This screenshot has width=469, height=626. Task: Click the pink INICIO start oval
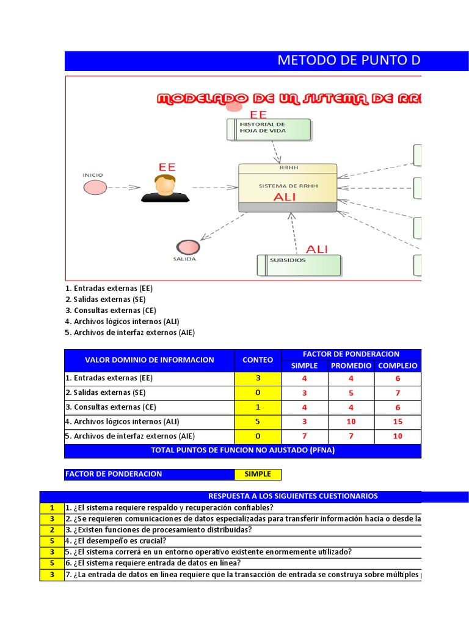[x=93, y=188]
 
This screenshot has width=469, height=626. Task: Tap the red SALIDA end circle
[x=187, y=247]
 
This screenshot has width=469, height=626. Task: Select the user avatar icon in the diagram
[x=165, y=188]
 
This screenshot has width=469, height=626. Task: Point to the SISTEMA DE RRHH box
[x=288, y=188]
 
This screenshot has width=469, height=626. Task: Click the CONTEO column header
[x=258, y=360]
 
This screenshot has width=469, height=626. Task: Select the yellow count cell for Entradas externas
[x=258, y=378]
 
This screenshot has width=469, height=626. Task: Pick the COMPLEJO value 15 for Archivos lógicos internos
[x=398, y=422]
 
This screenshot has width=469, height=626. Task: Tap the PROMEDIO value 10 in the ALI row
[x=351, y=422]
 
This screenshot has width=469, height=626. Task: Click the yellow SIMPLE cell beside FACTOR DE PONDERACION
[x=258, y=474]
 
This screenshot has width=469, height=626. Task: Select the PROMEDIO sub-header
[x=351, y=366]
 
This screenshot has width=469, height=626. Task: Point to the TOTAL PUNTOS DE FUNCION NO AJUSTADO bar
[x=242, y=451]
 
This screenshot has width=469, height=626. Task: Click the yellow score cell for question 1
[x=52, y=507]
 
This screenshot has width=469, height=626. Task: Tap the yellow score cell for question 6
[x=52, y=562]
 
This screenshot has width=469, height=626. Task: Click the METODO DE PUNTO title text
[x=349, y=61]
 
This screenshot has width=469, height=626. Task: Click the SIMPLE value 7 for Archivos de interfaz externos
[x=305, y=436]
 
